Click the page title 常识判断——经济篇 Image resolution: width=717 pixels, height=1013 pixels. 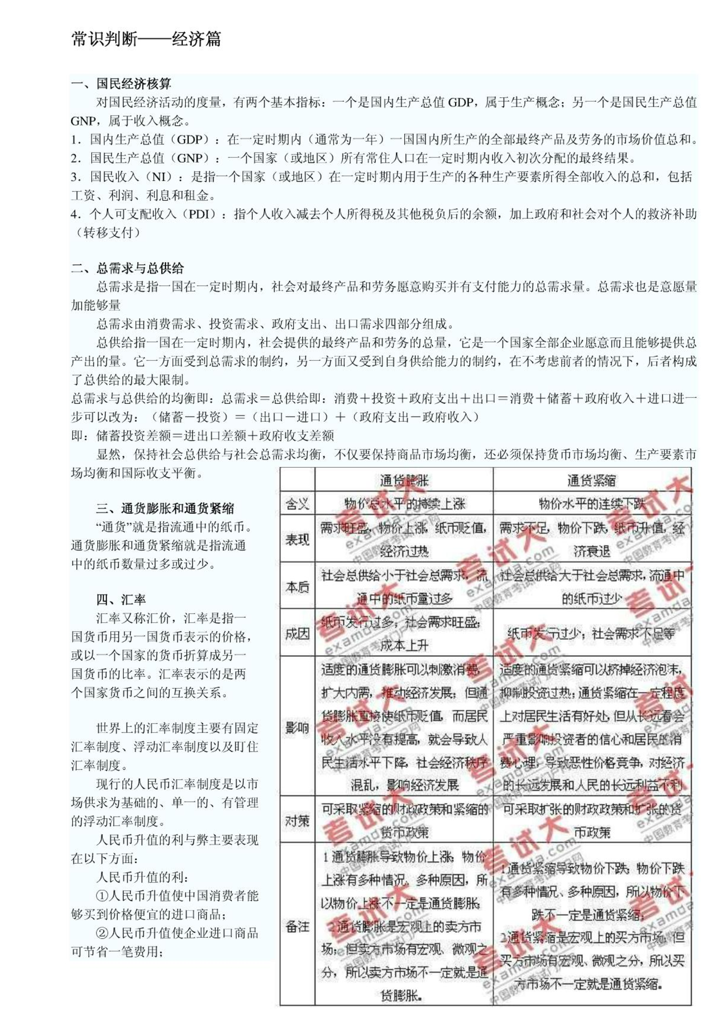click(x=146, y=40)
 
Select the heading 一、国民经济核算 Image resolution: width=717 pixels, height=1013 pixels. click(x=121, y=84)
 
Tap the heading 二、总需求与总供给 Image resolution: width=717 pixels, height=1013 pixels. click(x=127, y=269)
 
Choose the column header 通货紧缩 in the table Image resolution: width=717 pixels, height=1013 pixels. click(x=592, y=480)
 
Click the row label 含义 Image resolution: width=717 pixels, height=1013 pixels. click(x=297, y=504)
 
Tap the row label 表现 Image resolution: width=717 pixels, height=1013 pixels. click(x=297, y=539)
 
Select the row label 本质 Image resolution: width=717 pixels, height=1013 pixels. click(x=297, y=587)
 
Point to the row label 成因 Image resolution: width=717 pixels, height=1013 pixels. click(x=297, y=634)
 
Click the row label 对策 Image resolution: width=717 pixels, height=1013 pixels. click(x=297, y=821)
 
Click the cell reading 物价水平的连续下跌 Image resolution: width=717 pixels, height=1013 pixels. click(x=592, y=504)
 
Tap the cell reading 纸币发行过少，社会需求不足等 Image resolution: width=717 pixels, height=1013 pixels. click(x=592, y=634)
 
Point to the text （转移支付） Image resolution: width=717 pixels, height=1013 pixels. click(x=109, y=233)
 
